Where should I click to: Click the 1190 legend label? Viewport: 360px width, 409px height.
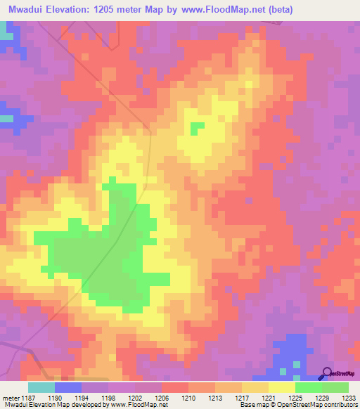pyautogui.click(x=67, y=397)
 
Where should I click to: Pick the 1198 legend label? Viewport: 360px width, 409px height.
pyautogui.click(x=108, y=397)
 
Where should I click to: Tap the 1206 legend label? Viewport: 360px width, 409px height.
pyautogui.click(x=161, y=397)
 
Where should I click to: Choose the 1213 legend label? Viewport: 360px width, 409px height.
pyautogui.click(x=214, y=397)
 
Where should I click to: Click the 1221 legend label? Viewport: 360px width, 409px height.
pyautogui.click(x=268, y=397)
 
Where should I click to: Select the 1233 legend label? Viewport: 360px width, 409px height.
pyautogui.click(x=347, y=397)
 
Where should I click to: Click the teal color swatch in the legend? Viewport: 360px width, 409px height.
pyautogui.click(x=41, y=387)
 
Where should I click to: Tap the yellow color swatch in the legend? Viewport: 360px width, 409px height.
pyautogui.click(x=281, y=387)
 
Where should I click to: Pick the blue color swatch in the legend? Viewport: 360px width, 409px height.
pyautogui.click(x=67, y=387)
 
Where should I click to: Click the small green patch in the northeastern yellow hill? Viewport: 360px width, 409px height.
pyautogui.click(x=197, y=129)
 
